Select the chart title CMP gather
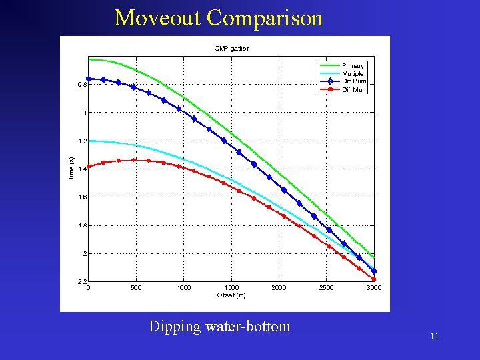coord(231,48)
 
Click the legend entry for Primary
coord(353,66)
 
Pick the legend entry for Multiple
coord(353,74)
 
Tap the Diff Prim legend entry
coord(353,81)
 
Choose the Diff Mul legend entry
coord(353,89)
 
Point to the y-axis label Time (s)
coord(71,168)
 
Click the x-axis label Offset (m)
coord(231,295)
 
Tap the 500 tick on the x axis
coord(136,288)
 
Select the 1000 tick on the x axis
coord(184,288)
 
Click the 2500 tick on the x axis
coord(327,288)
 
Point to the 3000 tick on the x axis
coord(373,288)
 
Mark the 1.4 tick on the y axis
coord(82,169)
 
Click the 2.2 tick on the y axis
coord(82,282)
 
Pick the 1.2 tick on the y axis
coord(82,141)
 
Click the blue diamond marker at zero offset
coord(89,79)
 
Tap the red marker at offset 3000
coord(374,279)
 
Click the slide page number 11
coord(434,337)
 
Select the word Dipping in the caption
coord(175,327)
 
